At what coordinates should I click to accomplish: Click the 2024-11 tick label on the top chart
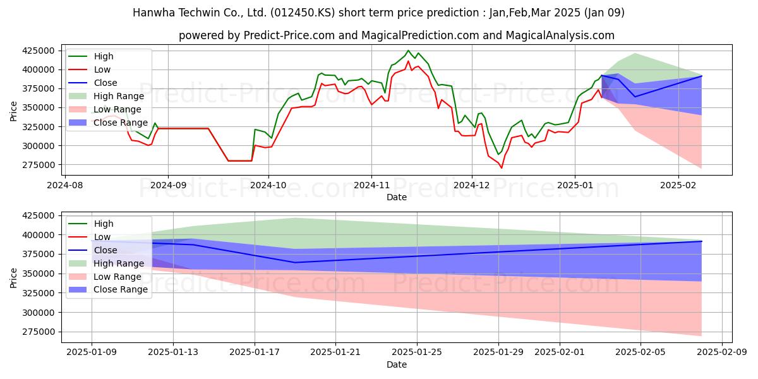point(371,186)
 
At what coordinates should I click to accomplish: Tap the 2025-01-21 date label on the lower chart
point(335,352)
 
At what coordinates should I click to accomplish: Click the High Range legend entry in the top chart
point(107,96)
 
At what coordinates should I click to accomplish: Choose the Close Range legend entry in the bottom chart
point(108,290)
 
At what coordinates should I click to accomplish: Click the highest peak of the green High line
point(408,51)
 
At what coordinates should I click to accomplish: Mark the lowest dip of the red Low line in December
point(502,168)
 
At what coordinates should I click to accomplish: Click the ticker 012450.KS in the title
point(303,13)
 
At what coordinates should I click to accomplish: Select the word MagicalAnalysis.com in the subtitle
point(560,35)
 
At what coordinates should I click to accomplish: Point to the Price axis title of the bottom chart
point(13,278)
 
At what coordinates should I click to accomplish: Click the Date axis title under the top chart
point(397,197)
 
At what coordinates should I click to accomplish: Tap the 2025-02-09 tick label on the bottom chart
point(722,352)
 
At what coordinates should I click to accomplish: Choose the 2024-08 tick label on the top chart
point(64,186)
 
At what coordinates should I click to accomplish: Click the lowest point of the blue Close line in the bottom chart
point(295,262)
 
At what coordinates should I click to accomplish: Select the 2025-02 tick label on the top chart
point(678,186)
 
